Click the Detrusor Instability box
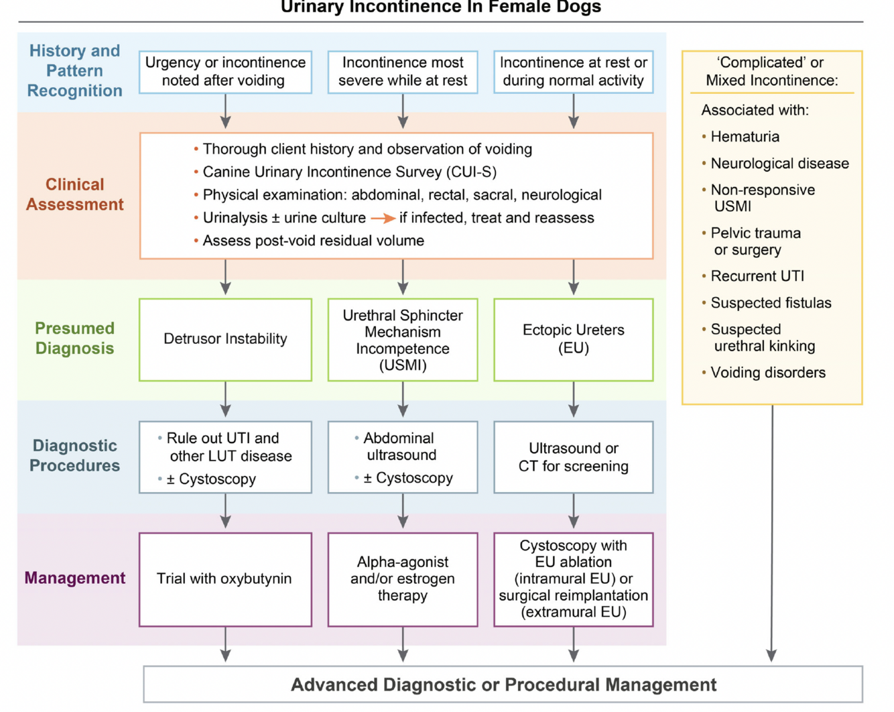(225, 339)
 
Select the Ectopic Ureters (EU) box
(573, 339)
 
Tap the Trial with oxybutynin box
(225, 579)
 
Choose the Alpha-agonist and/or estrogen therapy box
(402, 579)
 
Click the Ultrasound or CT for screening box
(573, 457)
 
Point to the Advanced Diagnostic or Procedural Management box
(503, 685)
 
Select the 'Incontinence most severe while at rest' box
(402, 72)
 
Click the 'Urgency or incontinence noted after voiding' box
(225, 72)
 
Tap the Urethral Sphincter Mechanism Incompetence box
(402, 340)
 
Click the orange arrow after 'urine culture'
(383, 219)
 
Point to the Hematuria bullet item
(745, 137)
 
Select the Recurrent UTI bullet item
(757, 276)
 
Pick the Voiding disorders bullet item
(767, 373)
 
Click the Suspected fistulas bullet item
(770, 303)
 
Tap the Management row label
(74, 578)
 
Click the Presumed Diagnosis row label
(74, 338)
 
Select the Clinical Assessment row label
(74, 194)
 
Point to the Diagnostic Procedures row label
(74, 456)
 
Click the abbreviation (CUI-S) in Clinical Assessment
(472, 172)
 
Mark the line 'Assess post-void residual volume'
(313, 241)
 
